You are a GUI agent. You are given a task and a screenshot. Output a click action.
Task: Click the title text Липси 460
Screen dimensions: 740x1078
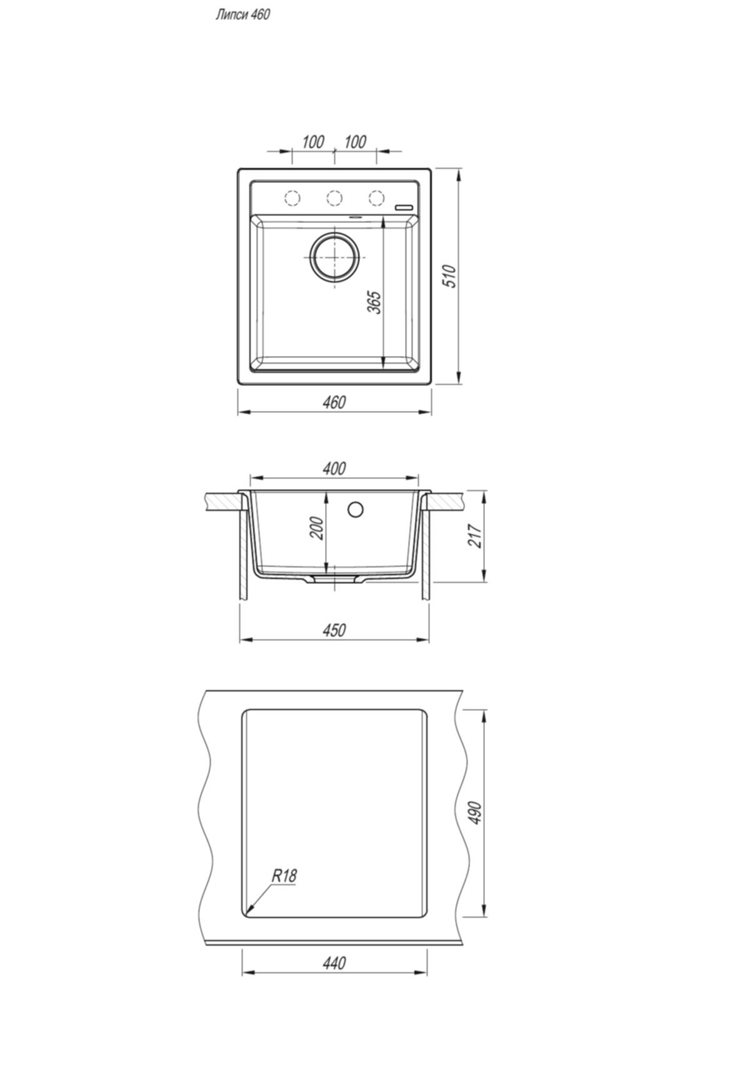pyautogui.click(x=242, y=14)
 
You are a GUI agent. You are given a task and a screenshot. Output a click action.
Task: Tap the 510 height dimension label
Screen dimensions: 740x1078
pyautogui.click(x=450, y=276)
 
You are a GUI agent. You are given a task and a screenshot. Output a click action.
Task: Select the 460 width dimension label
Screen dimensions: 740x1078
pyautogui.click(x=334, y=402)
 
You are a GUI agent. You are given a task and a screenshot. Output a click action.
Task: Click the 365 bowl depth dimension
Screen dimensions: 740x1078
pyautogui.click(x=373, y=302)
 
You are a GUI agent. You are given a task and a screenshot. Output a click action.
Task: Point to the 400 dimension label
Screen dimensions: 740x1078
pyautogui.click(x=334, y=468)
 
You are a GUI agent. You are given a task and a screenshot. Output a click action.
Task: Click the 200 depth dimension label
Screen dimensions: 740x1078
pyautogui.click(x=317, y=528)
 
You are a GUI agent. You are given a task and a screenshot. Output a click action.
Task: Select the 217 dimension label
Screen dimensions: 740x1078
pyautogui.click(x=476, y=536)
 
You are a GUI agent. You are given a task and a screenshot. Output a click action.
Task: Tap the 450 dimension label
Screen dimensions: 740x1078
pyautogui.click(x=334, y=630)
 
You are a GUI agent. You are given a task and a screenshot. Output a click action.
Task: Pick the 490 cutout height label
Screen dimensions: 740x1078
pyautogui.click(x=476, y=813)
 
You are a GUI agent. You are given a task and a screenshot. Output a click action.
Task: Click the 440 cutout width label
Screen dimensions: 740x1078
pyautogui.click(x=334, y=964)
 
